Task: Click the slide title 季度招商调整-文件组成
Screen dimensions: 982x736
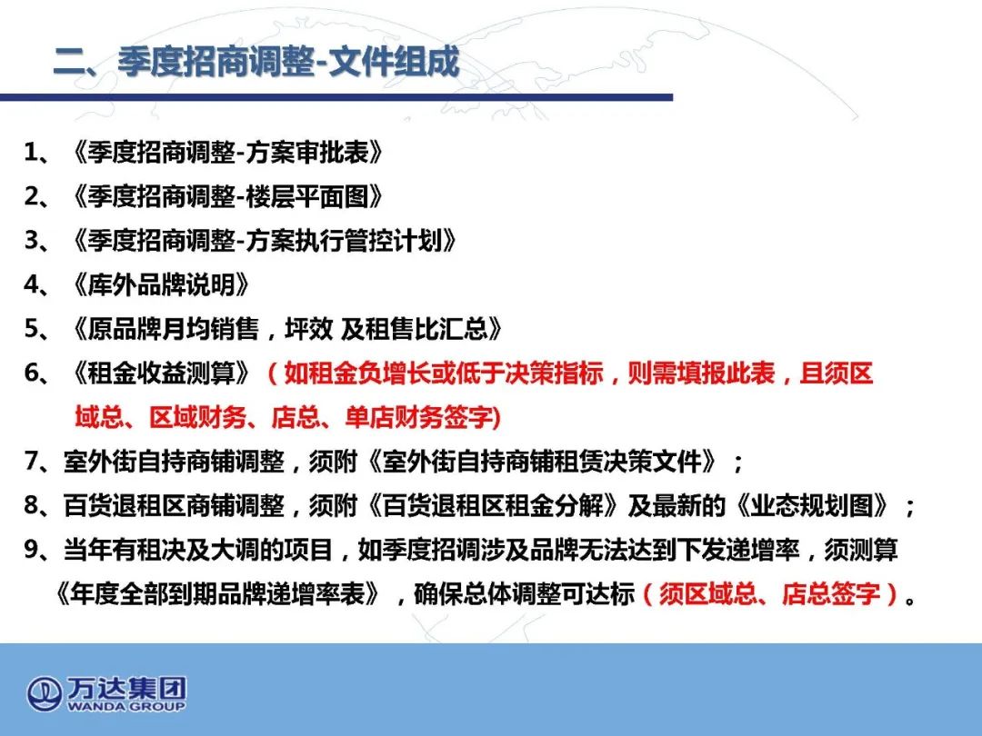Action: click(288, 62)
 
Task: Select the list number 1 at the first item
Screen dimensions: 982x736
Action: click(31, 152)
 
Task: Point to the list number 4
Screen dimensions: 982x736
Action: click(32, 284)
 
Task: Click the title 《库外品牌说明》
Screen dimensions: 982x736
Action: click(161, 284)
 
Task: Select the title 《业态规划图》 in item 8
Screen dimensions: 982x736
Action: click(812, 506)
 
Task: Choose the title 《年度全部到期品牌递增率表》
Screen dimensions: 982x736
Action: click(217, 594)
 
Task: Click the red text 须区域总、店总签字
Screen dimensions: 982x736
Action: click(770, 594)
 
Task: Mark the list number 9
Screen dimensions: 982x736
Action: click(32, 550)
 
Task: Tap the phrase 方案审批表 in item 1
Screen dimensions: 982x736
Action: click(307, 152)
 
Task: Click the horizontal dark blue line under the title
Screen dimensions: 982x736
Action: click(336, 97)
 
